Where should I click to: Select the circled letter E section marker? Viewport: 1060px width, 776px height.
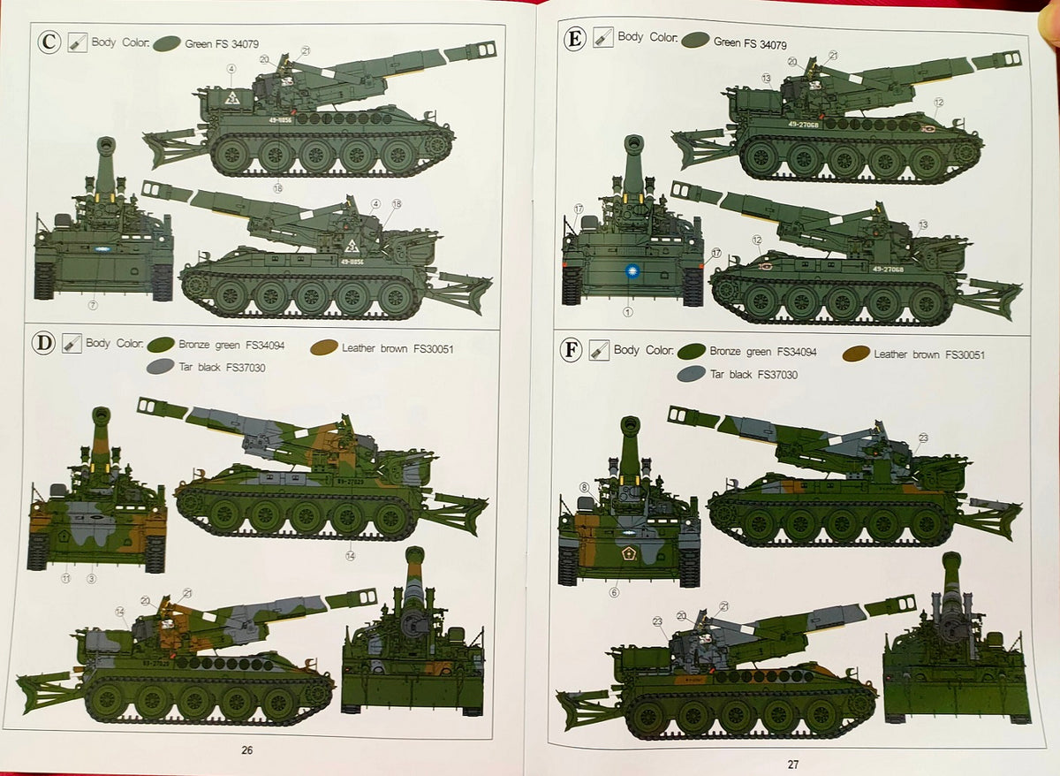click(x=575, y=38)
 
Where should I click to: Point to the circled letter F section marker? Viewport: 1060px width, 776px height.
click(x=572, y=352)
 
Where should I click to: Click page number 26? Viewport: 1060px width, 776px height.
click(x=247, y=750)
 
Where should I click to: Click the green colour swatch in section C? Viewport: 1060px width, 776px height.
click(x=167, y=42)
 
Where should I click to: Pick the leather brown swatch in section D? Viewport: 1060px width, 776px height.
click(x=323, y=348)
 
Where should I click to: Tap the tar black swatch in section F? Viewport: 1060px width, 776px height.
click(x=692, y=374)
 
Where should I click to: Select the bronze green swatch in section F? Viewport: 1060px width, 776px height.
click(x=692, y=351)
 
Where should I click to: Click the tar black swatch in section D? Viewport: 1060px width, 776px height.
click(x=160, y=367)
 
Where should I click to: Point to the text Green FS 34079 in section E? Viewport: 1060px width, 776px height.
click(x=750, y=42)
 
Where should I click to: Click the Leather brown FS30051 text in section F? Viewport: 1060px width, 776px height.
click(x=928, y=354)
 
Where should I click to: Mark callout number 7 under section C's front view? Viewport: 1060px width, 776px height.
click(x=93, y=306)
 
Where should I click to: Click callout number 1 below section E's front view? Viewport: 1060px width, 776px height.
click(x=629, y=311)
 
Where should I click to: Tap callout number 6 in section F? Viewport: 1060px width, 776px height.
click(x=614, y=592)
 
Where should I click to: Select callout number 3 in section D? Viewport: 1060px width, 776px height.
click(x=91, y=579)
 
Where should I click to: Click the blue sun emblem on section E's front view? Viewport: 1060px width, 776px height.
click(x=632, y=272)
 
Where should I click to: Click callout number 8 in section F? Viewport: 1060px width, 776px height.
click(x=584, y=487)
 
